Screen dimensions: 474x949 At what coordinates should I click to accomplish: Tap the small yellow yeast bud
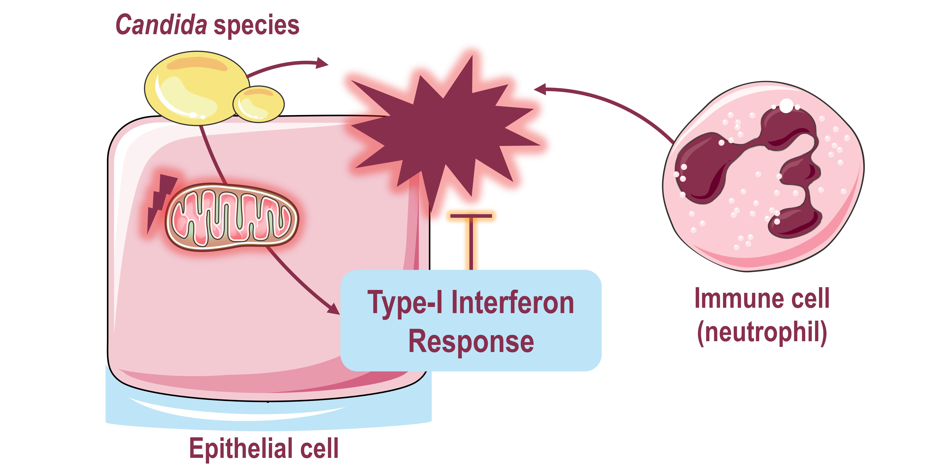pos(259,104)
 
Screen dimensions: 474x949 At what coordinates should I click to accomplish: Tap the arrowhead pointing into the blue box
pos(333,308)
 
